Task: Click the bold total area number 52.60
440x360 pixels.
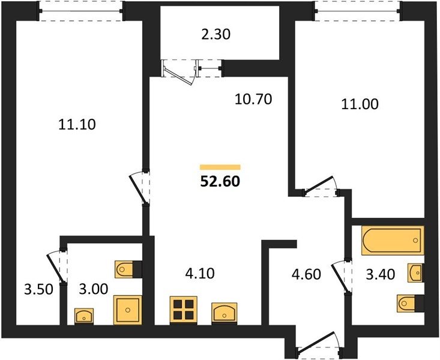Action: tap(220, 181)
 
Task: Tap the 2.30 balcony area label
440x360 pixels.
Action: tap(216, 35)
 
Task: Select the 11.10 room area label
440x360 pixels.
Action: tap(77, 124)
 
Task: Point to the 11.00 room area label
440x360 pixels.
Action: tap(360, 104)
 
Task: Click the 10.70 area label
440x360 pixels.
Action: tap(253, 99)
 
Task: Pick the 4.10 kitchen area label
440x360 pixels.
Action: tap(200, 273)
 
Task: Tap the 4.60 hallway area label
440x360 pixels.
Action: tap(306, 274)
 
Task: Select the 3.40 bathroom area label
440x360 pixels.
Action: tap(381, 274)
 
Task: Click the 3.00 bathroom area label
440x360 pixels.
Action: tap(94, 289)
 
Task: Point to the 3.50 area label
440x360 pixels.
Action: tap(38, 290)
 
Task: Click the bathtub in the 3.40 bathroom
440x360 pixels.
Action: tap(393, 241)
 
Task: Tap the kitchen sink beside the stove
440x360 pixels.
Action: tap(225, 313)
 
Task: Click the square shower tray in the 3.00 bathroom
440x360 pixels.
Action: tap(128, 310)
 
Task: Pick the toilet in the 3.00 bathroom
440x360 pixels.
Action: tap(128, 269)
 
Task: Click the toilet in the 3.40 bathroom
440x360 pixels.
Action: tap(410, 303)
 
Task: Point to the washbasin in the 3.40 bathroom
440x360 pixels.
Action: tap(415, 273)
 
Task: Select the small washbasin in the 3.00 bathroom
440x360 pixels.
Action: tap(84, 316)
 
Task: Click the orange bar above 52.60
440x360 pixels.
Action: tap(220, 167)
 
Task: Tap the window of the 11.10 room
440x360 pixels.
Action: tap(81, 11)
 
